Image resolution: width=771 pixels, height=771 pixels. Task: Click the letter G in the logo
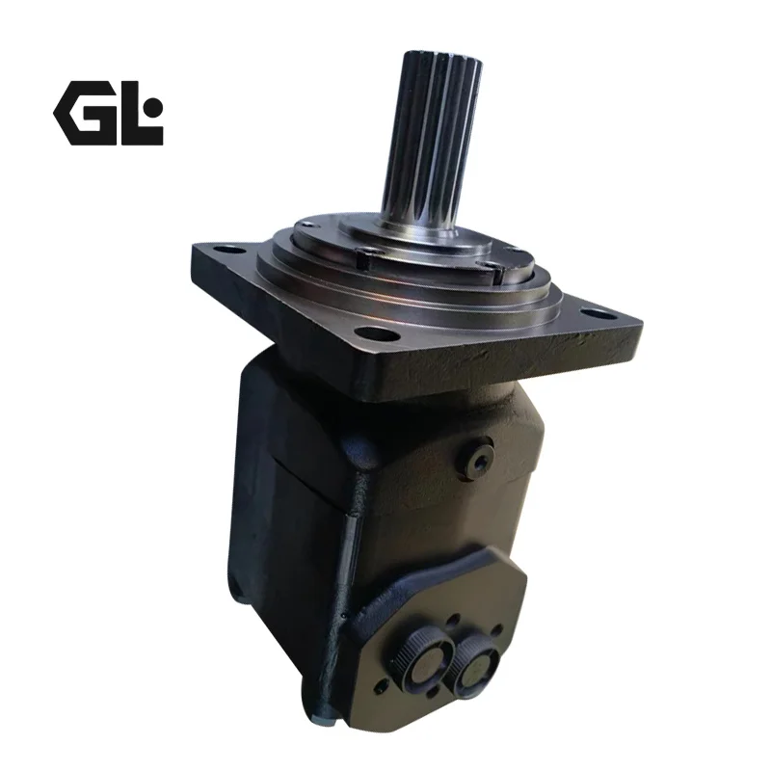point(85,113)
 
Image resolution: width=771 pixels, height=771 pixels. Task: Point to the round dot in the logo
point(155,105)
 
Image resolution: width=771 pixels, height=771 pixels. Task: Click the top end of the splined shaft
point(441,57)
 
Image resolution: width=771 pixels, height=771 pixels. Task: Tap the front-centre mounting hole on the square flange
point(377,334)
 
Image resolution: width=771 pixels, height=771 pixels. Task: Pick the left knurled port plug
point(424,665)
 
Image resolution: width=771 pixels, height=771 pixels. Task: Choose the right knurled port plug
point(475,666)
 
